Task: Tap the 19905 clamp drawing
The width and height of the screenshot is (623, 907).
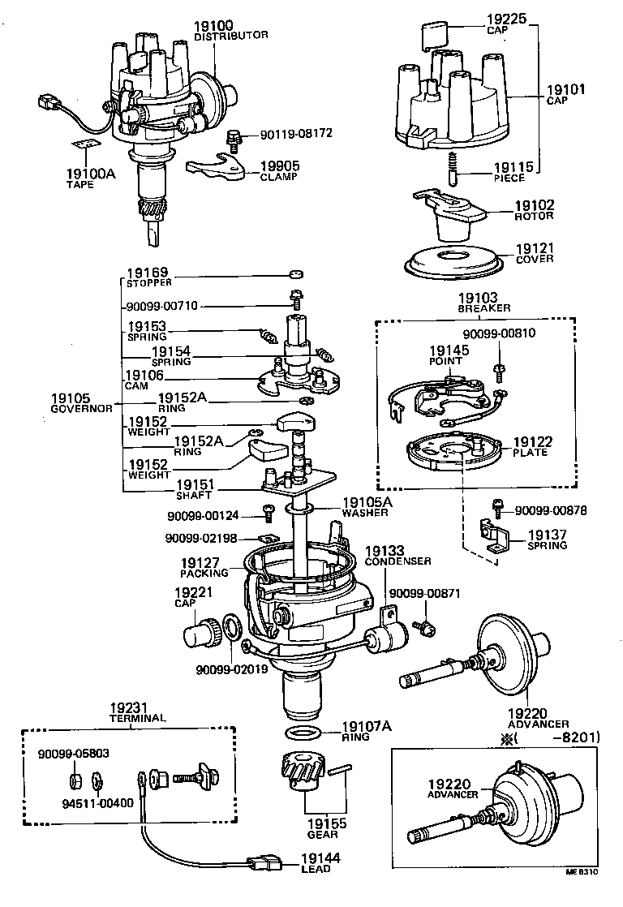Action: (x=216, y=170)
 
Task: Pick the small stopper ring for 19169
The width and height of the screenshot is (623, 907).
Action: (x=296, y=274)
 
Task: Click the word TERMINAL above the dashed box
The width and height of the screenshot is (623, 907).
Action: (x=138, y=718)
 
